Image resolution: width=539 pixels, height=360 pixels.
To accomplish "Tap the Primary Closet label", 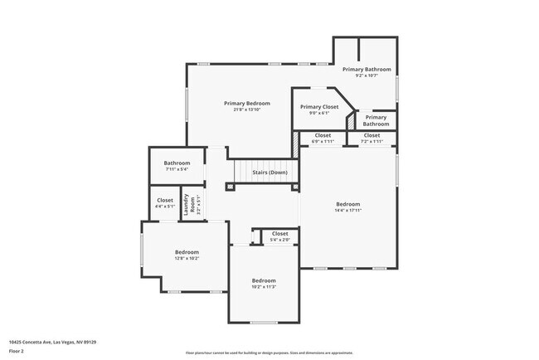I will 320,107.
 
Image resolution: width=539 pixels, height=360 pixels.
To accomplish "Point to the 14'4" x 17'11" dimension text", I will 348,211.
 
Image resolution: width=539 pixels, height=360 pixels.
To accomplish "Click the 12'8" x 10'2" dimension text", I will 187,258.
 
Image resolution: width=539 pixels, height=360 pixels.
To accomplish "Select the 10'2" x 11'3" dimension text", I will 264,288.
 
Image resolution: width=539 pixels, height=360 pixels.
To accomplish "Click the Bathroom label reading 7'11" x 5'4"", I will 177,163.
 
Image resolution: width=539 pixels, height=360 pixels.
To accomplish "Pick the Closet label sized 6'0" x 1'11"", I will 323,134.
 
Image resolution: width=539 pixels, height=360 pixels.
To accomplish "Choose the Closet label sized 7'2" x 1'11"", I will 371,134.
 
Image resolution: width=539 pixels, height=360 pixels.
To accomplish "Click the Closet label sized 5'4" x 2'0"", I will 280,234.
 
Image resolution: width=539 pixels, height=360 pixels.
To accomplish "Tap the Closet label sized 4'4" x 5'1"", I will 165,200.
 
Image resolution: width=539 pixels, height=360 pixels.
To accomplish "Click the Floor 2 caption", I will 17,351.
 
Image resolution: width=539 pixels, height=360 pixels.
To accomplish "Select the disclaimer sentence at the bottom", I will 269,353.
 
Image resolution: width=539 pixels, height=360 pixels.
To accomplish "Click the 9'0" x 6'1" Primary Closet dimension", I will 320,114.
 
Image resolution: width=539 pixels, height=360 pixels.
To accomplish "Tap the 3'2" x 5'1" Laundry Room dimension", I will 198,204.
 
